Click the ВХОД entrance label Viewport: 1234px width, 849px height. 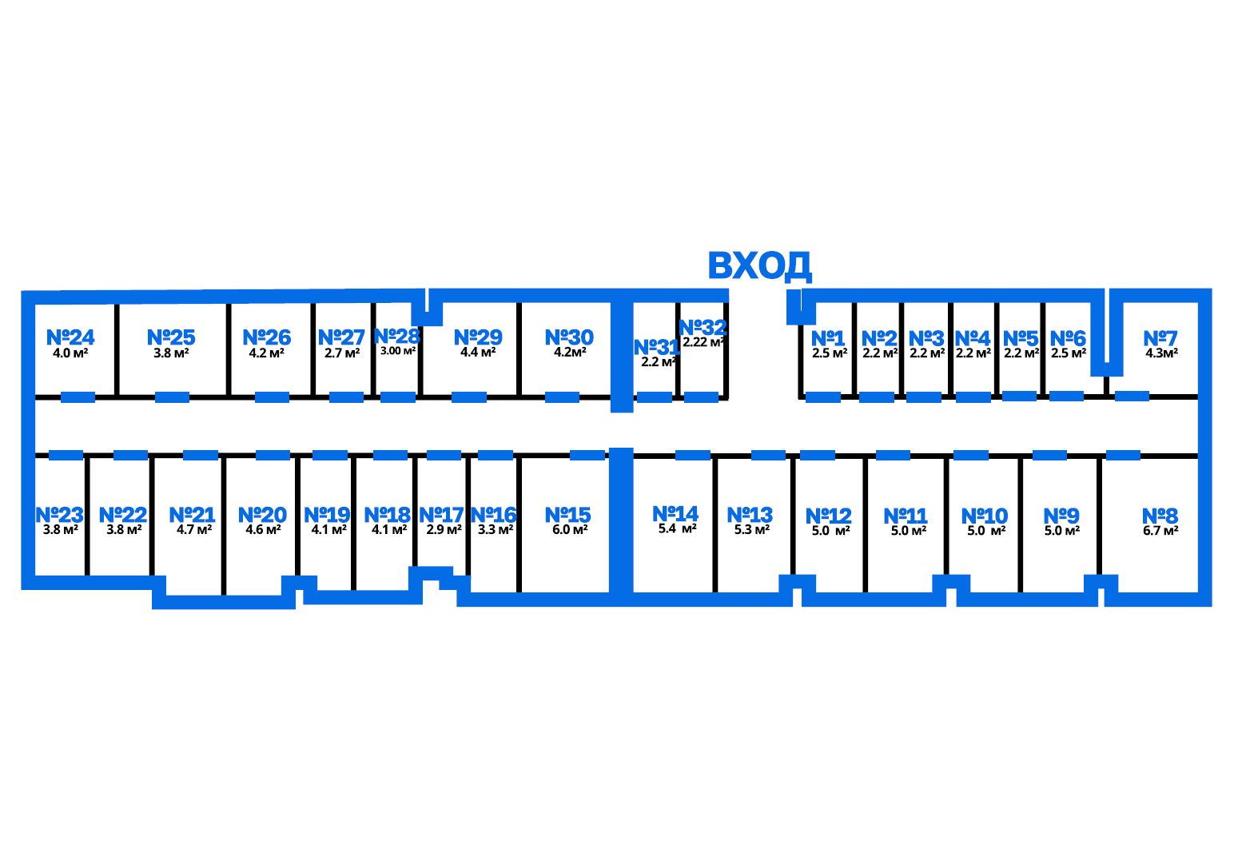click(759, 266)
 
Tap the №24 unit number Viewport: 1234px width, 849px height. click(70, 337)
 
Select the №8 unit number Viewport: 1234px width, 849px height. click(1160, 516)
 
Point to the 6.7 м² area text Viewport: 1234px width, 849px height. click(1160, 531)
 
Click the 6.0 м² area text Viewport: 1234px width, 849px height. click(570, 529)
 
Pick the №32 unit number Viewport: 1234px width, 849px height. click(703, 328)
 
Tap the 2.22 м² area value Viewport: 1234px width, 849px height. click(703, 342)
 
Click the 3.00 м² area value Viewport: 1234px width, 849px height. click(398, 350)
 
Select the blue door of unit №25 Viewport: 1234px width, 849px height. click(172, 397)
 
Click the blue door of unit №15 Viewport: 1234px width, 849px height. click(587, 456)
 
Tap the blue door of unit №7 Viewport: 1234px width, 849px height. click(1132, 396)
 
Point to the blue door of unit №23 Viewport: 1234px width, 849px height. click(66, 456)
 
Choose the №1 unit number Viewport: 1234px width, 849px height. click(828, 338)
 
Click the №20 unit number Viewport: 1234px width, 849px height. click(262, 515)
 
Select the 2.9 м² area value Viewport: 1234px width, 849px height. click(444, 529)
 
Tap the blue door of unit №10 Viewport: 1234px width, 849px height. click(971, 456)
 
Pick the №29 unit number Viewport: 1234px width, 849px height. click(478, 337)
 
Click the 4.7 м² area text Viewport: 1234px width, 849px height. click(194, 529)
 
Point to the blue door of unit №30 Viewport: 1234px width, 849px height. click(562, 397)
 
